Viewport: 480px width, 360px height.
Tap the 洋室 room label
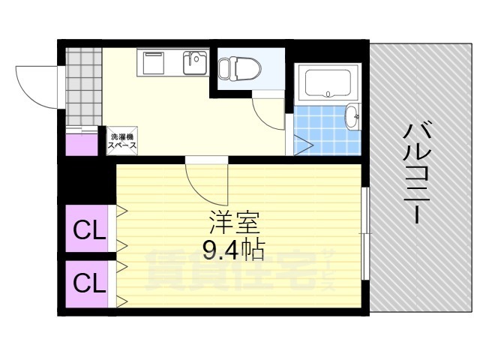tap(234, 223)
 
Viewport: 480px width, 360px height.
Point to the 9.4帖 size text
tap(234, 248)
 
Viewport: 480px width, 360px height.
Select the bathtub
tap(328, 84)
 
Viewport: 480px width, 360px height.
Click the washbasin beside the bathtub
tap(352, 116)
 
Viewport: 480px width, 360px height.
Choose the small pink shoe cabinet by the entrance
tap(81, 143)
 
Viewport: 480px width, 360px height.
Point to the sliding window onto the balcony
tap(364, 232)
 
